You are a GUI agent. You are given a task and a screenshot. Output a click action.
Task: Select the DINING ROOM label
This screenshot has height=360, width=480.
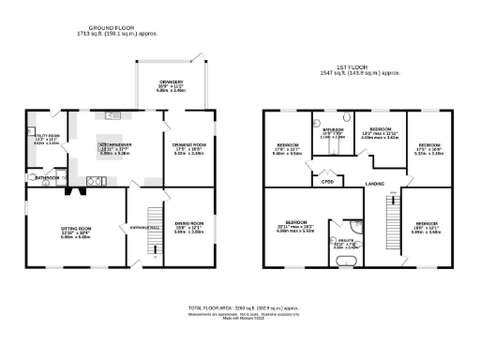187,226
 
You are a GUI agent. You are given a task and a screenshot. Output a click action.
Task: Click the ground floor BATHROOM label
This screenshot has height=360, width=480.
47,177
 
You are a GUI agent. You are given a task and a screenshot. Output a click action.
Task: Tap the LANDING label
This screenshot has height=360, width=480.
375,182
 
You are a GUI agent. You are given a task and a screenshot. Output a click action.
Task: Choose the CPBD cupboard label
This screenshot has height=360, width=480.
328,181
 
